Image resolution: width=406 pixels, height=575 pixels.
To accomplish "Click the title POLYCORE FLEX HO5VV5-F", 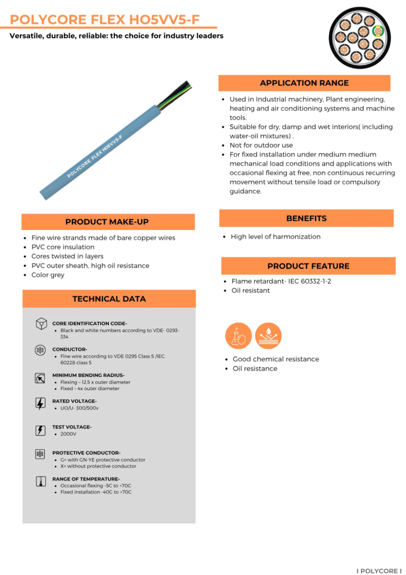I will click(x=105, y=20).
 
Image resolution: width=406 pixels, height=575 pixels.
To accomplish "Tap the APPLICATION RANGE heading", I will click(x=304, y=83).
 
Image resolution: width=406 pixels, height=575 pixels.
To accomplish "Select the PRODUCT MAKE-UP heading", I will click(x=107, y=222).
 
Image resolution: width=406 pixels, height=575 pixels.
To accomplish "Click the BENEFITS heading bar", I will click(x=306, y=218).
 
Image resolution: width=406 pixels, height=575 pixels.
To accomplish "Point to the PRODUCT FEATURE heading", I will click(x=308, y=266).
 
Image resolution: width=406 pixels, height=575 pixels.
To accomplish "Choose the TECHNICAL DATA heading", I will click(x=109, y=299).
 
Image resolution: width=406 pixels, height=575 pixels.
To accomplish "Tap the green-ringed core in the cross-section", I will click(x=378, y=31).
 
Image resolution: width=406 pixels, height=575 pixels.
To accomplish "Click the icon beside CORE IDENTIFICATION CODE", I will click(x=40, y=324).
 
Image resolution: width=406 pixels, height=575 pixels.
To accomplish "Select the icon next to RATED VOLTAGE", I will click(x=40, y=403).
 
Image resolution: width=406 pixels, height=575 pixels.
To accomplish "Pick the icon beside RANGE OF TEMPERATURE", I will click(x=40, y=481).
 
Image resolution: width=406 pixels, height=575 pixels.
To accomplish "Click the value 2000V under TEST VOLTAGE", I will click(x=68, y=434).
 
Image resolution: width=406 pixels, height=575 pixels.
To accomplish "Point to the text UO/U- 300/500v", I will click(x=80, y=408).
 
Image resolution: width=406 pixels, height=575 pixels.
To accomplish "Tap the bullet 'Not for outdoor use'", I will click(x=261, y=145).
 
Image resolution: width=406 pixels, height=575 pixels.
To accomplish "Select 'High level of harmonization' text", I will click(x=275, y=237).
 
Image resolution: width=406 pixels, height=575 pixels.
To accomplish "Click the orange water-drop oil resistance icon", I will click(x=268, y=336).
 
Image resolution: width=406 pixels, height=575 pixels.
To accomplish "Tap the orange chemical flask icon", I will click(x=238, y=336).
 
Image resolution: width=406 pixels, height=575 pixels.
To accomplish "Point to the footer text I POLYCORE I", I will click(x=379, y=571).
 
